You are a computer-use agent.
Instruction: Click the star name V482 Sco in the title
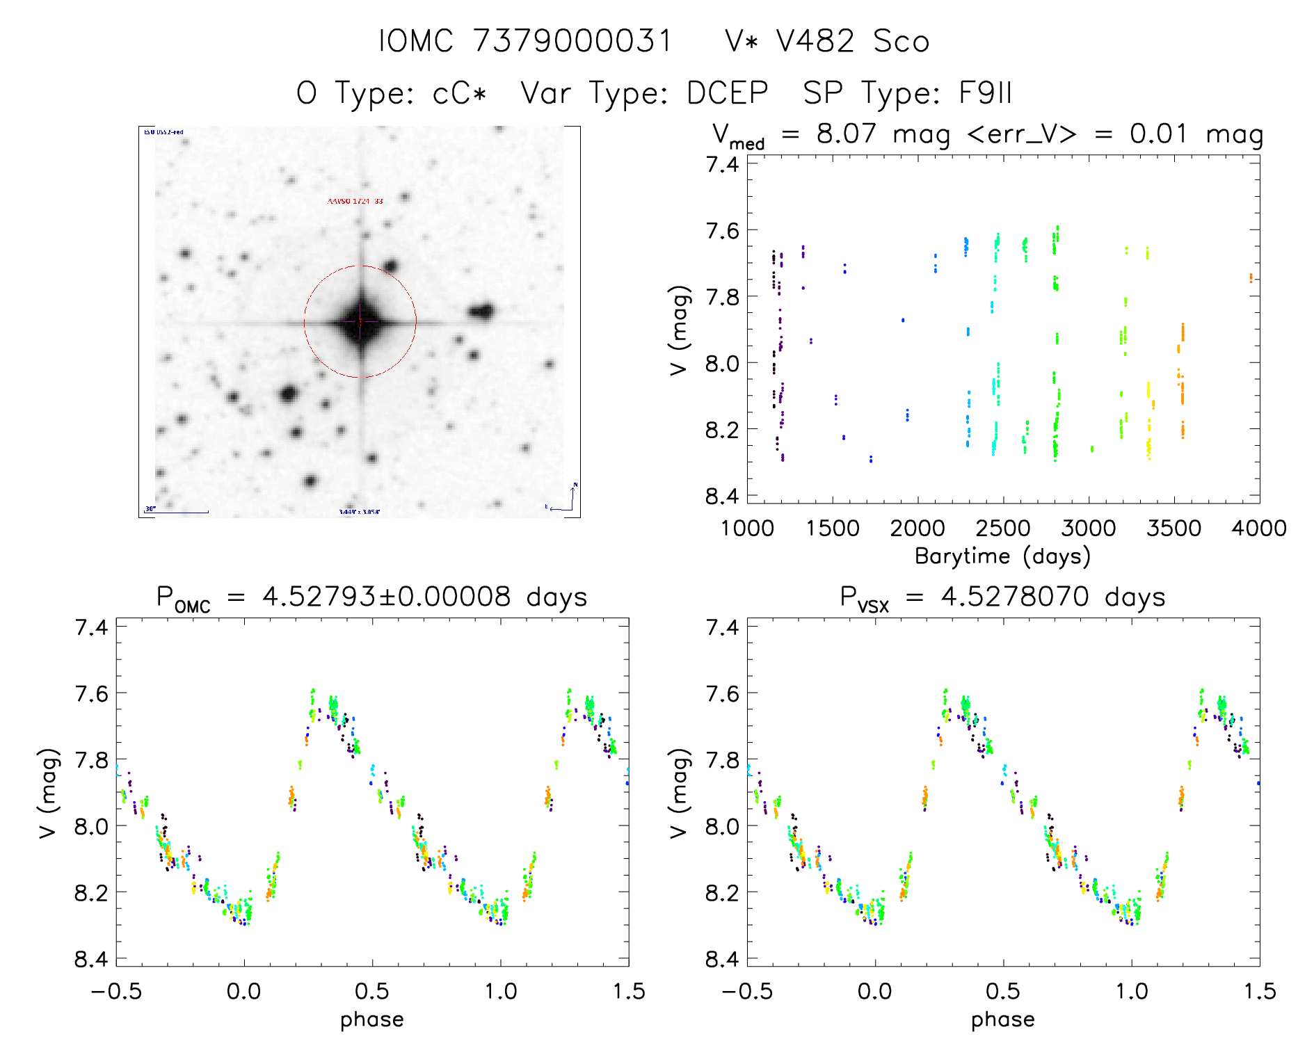coord(827,42)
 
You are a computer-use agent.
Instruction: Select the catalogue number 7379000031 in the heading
coord(572,42)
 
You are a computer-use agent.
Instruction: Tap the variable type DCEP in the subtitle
coord(727,93)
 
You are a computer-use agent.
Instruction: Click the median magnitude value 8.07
coord(847,134)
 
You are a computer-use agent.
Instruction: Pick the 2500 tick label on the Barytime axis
coord(1003,529)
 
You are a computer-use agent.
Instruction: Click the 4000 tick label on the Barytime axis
coord(1258,529)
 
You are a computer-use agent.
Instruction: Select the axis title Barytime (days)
coord(1002,556)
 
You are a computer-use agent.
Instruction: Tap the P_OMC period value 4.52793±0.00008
coord(386,597)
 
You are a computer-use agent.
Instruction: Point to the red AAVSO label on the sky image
coord(355,202)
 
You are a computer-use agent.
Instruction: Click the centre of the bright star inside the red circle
coord(360,321)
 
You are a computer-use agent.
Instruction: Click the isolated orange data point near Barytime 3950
coord(1251,278)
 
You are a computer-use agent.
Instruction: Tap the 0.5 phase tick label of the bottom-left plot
coord(372,992)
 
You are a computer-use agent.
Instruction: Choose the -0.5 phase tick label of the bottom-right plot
coord(746,992)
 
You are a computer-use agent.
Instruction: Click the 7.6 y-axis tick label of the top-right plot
coord(721,230)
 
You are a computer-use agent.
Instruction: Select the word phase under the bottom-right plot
coord(1002,1020)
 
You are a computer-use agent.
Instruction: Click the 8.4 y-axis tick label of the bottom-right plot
coord(721,960)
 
